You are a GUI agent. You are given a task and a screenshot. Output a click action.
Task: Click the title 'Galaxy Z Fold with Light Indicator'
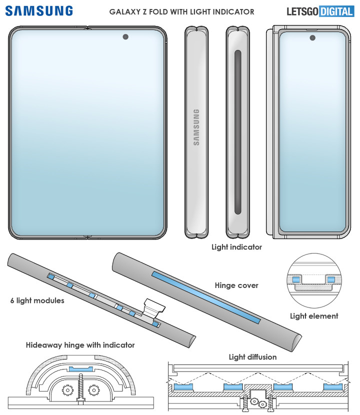pos(182,11)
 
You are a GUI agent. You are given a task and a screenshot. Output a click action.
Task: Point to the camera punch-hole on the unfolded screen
pos(124,36)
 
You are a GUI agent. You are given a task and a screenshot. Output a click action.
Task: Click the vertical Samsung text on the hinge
pos(196,127)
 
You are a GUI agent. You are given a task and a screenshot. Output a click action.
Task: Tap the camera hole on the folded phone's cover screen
pos(312,37)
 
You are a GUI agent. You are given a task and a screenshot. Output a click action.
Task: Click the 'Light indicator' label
pos(236,246)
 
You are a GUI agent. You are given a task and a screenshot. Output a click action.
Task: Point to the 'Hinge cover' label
pos(236,285)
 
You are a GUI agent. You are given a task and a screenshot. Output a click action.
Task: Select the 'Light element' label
pos(314,315)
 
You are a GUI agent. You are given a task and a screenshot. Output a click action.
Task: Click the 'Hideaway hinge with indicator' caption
pos(80,345)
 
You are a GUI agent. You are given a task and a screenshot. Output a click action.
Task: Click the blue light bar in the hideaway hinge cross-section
pos(79,368)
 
